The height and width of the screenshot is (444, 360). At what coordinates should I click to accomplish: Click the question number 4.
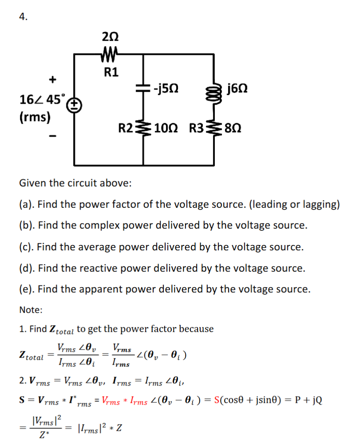tap(23, 17)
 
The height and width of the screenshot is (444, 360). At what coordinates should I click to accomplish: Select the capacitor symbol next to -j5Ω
tap(142, 88)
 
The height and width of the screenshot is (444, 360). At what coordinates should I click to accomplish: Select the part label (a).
tap(27, 204)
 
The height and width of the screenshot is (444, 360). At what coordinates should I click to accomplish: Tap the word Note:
tap(31, 310)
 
